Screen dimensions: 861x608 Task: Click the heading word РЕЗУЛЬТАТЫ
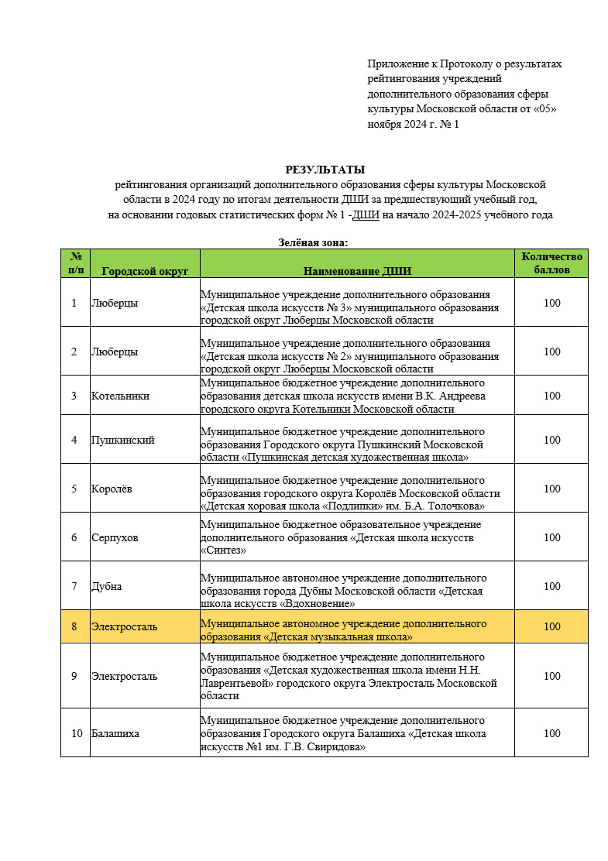(325, 170)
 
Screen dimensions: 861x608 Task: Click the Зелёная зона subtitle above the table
(314, 242)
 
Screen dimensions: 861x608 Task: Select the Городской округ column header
(145, 271)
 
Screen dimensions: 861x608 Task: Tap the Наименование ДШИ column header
(357, 271)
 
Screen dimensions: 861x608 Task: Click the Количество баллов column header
(551, 263)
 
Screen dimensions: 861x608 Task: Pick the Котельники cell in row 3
(120, 396)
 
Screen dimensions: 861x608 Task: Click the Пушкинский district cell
(122, 440)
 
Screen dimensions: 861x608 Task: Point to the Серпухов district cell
(115, 537)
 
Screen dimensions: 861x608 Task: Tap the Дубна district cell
(106, 586)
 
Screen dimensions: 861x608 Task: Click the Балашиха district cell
(115, 733)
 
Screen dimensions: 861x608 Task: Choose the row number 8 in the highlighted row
(74, 626)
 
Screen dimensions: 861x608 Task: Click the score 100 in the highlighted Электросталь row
(551, 626)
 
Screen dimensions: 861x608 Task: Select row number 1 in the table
(74, 303)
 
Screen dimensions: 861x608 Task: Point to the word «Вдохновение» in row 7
(311, 603)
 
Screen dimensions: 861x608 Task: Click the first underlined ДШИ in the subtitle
(365, 215)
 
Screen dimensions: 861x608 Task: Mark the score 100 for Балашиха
(551, 733)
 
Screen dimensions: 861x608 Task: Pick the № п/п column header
(75, 263)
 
